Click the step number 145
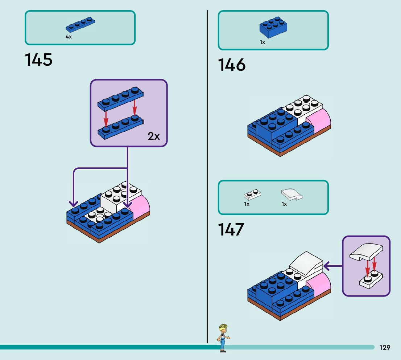38,60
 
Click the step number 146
232,65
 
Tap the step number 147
231,230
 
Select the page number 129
385,348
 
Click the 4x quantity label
69,37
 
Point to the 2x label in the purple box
153,136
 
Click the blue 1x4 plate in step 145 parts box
80,25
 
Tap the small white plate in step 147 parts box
253,195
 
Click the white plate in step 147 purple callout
370,281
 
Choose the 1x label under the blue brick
262,42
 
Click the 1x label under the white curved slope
284,204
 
